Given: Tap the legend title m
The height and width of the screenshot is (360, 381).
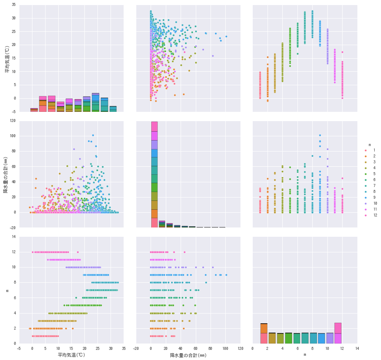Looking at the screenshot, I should coord(369,145).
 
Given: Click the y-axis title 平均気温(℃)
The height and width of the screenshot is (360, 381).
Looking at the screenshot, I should coord(7,58).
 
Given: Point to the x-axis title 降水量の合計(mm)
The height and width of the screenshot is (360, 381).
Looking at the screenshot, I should coord(188,355).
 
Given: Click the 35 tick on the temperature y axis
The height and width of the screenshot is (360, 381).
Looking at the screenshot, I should coord(14,5).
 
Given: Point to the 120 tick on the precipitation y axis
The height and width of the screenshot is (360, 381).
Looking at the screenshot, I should coord(12,121).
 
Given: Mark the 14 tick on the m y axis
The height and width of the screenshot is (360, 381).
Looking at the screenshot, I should coord(14,237).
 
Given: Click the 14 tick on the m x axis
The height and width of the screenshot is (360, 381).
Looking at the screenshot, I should coord(357,349).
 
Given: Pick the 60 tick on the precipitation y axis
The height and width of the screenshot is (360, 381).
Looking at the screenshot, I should coord(14,166).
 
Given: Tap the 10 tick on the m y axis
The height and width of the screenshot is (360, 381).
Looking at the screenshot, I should coord(14,268).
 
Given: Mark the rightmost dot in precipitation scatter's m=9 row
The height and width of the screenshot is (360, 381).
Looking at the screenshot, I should coord(226,275).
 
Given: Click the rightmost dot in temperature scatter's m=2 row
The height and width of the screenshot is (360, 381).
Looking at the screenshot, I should coord(73,328).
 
